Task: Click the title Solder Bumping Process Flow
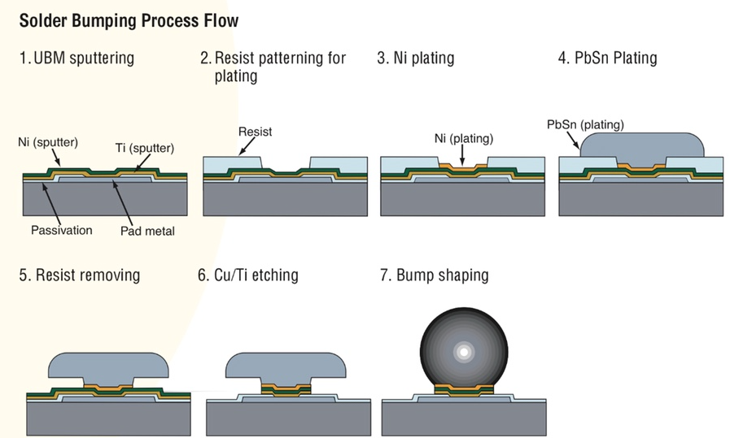click(129, 20)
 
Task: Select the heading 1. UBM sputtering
click(76, 59)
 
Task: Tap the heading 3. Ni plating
click(415, 59)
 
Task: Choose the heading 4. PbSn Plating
click(607, 59)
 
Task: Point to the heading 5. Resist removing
click(79, 275)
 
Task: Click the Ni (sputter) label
click(48, 142)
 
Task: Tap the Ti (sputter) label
click(145, 149)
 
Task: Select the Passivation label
click(62, 230)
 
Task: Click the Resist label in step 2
click(255, 131)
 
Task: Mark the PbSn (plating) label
click(585, 124)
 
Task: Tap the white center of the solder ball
click(463, 352)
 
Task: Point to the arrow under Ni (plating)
click(461, 154)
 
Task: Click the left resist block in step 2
click(232, 165)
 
